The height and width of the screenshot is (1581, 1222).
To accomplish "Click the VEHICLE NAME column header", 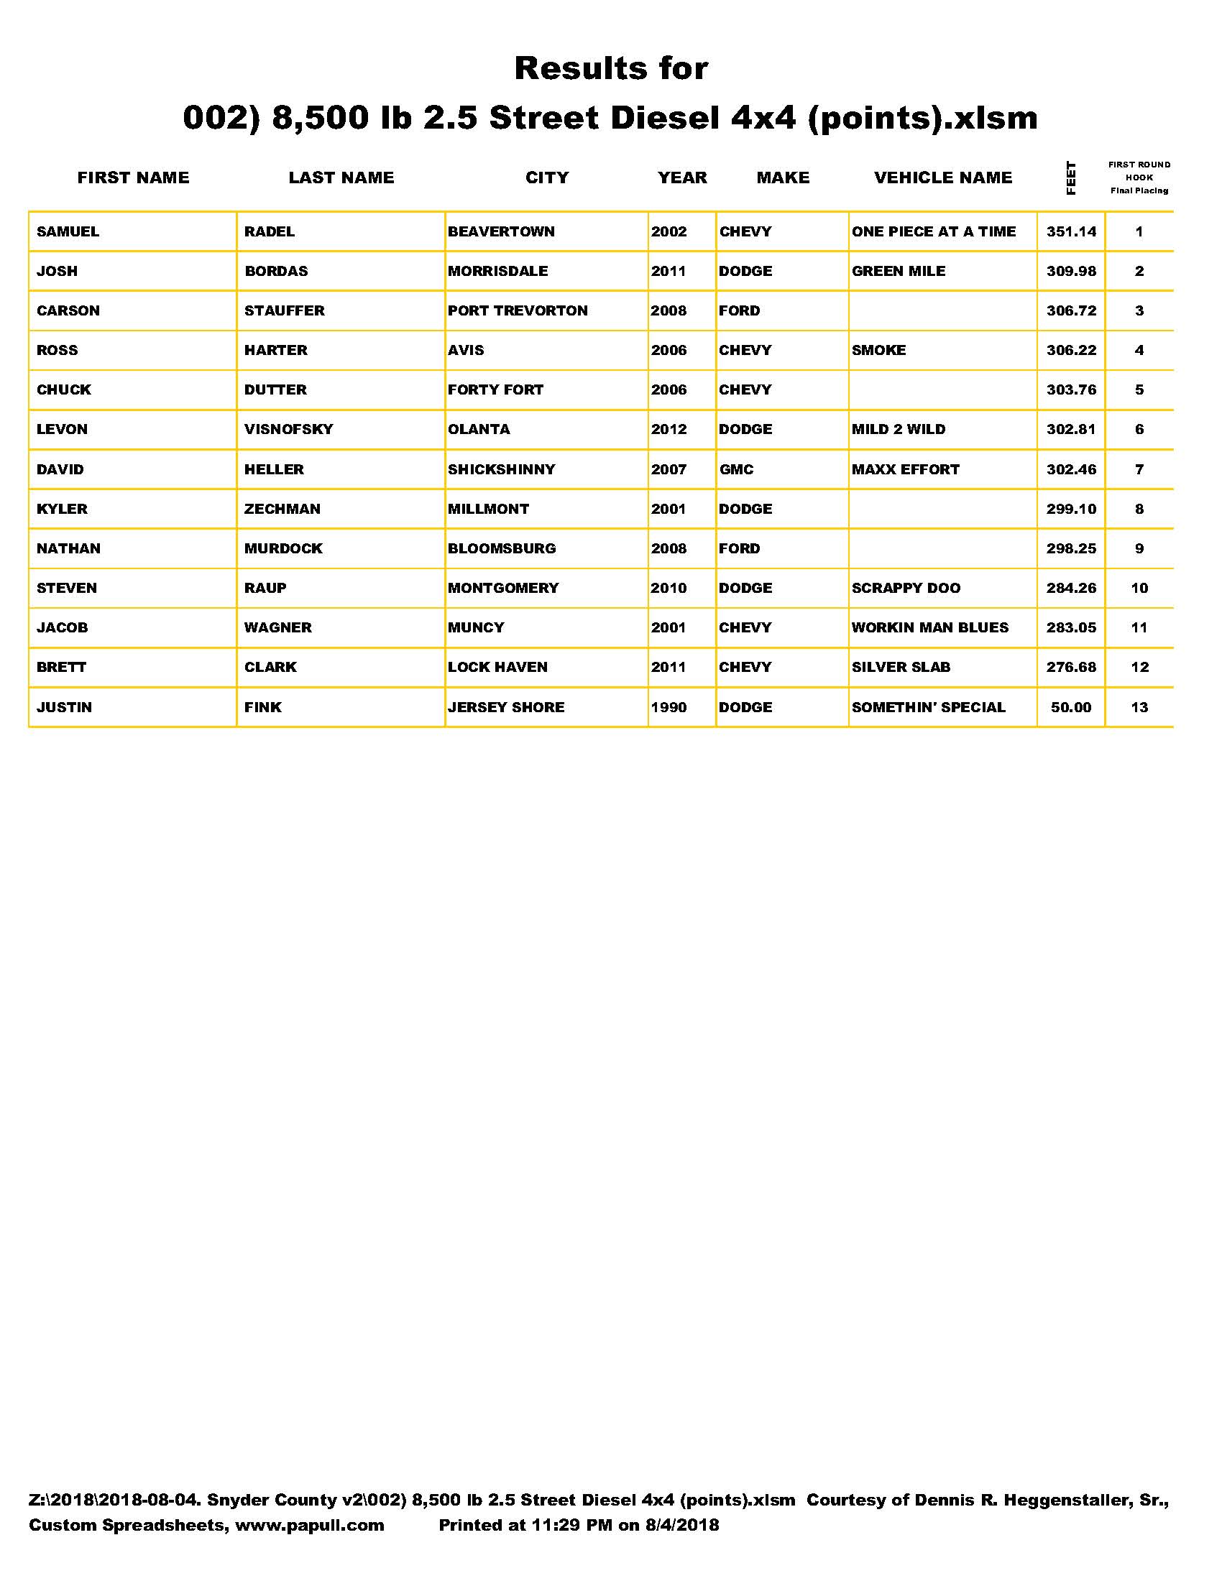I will pos(942,178).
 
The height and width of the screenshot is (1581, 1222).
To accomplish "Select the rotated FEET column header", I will pos(1071,178).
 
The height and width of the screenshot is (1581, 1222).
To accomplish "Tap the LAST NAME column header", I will pos(341,178).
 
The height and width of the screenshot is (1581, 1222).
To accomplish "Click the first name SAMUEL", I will pos(68,231).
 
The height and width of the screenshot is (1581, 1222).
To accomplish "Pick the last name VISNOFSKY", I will pos(289,429).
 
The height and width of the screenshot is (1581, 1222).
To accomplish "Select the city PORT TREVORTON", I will pos(518,310).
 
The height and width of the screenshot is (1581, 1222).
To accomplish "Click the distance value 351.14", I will pos(1071,231).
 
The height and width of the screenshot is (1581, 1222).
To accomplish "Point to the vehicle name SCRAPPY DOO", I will pos(906,588).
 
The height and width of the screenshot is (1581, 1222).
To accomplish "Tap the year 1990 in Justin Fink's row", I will pos(669,707).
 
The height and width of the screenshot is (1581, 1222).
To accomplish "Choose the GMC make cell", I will pos(736,469).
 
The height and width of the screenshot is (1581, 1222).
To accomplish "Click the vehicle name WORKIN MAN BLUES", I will pos(929,627).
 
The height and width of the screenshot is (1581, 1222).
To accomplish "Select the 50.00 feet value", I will pos(1071,707).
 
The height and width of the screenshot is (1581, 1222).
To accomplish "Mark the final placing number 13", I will pos(1139,707).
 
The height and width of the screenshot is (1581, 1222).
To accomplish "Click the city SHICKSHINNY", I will pos(502,469).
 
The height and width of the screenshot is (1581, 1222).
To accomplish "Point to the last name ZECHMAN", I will pos(282,509).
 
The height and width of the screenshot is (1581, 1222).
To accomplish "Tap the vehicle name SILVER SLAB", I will pos(901,667).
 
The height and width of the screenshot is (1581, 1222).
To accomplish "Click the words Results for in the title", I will pos(611,69).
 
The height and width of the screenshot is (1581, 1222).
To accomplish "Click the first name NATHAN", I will pos(69,548).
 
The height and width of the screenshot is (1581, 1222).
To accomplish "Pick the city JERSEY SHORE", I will pos(506,707).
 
